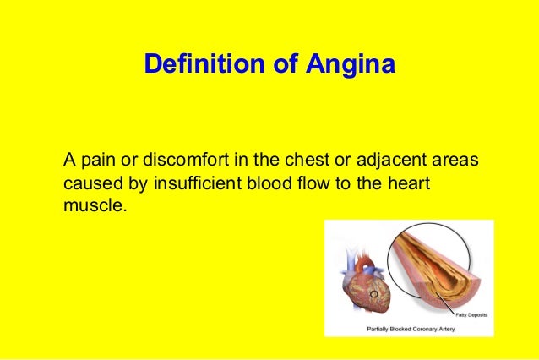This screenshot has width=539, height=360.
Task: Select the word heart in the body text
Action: (x=412, y=183)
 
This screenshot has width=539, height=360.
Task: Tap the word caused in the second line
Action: (x=87, y=183)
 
